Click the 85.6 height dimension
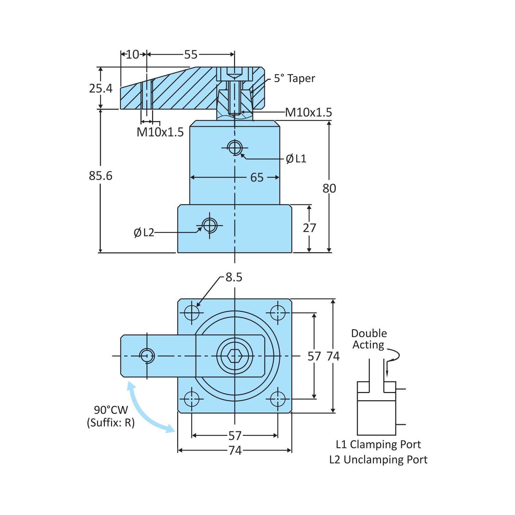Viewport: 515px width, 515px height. [x=100, y=176]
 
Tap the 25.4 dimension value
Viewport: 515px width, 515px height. [x=100, y=88]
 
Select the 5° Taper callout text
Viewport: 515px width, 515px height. [x=294, y=78]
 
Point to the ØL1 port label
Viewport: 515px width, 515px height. [x=296, y=159]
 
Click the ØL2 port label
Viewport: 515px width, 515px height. [x=144, y=233]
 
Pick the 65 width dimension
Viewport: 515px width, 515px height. [x=257, y=177]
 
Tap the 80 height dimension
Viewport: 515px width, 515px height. [x=329, y=188]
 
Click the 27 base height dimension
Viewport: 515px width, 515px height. [x=309, y=228]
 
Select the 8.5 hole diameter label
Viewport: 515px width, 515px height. [x=234, y=277]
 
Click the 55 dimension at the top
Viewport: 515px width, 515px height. [x=191, y=54]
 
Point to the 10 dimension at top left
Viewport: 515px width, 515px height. [x=133, y=54]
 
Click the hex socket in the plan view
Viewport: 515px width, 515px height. [x=235, y=356]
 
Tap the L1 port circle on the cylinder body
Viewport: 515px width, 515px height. [x=235, y=148]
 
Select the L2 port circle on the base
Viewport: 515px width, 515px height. [x=209, y=225]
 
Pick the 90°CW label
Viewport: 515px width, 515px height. [x=111, y=410]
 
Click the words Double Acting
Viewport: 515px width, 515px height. [x=369, y=339]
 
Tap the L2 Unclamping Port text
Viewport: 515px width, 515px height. [x=378, y=459]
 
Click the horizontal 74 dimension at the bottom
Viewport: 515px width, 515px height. [x=235, y=450]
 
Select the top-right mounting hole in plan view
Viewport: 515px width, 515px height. [x=278, y=312]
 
